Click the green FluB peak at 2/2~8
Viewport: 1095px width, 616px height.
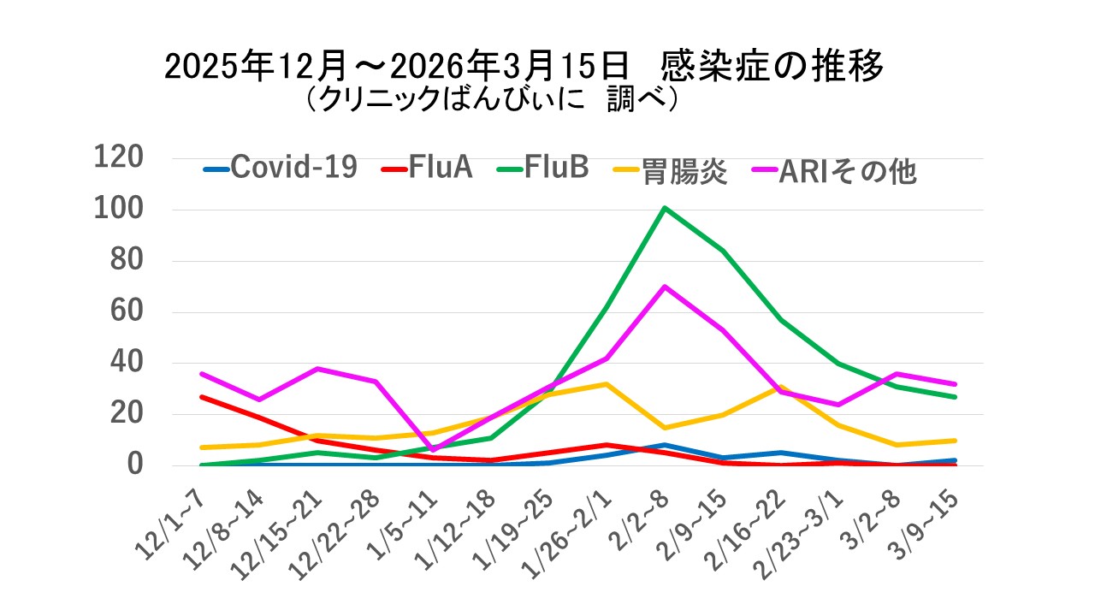coord(665,208)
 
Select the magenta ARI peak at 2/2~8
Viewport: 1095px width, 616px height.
coord(665,287)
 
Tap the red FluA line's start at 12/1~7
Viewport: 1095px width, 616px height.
coord(201,397)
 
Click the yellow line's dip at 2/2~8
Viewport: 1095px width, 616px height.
coord(665,428)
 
